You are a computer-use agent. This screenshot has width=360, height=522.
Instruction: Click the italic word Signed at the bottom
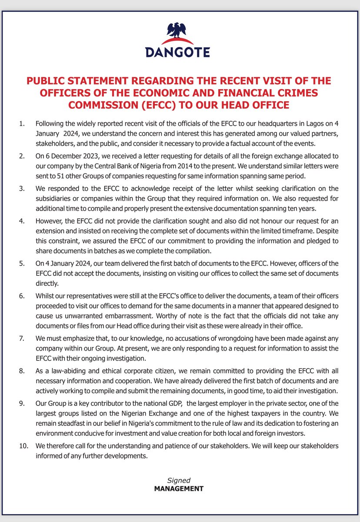179,480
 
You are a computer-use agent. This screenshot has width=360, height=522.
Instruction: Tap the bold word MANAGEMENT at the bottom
179,489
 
